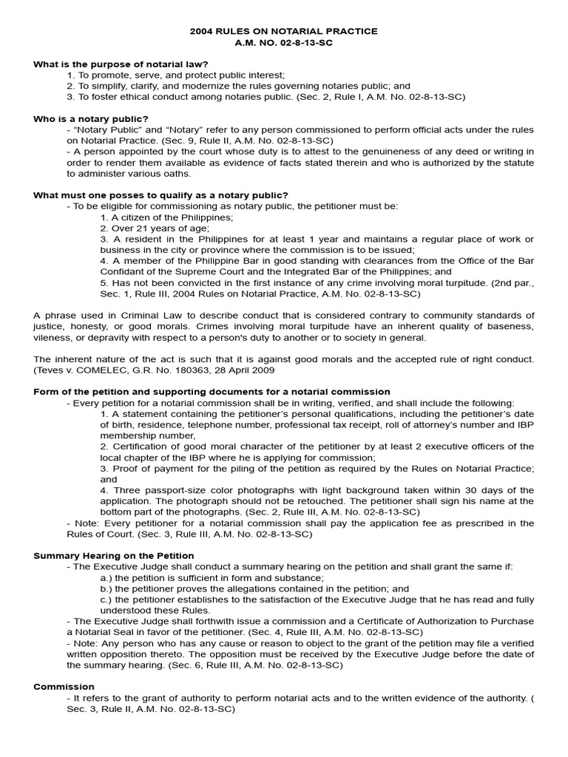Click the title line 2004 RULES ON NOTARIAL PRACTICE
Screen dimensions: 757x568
(x=284, y=31)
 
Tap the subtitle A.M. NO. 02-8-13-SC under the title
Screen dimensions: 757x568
(x=284, y=42)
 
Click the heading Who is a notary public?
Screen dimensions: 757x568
(x=91, y=118)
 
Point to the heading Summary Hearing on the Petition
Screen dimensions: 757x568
(x=114, y=555)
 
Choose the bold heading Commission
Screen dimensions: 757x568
(x=64, y=687)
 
